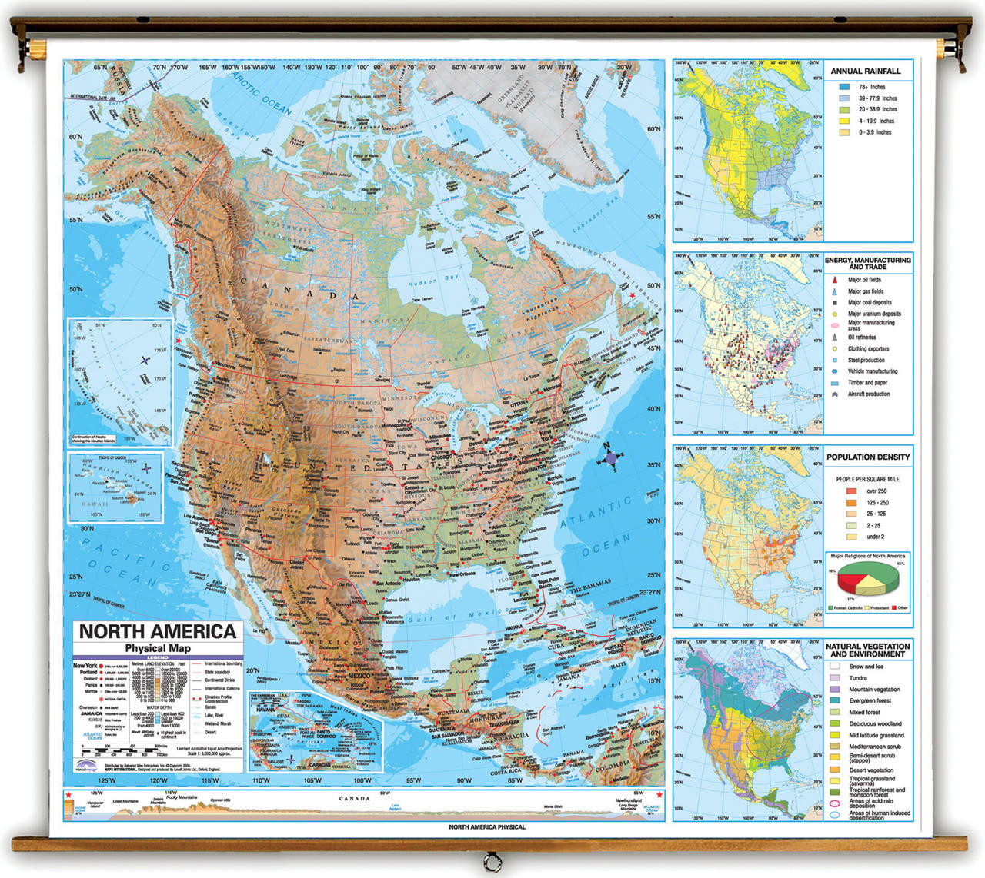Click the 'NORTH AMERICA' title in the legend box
158,632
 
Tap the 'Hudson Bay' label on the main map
440,278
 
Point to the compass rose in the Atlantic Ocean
610,458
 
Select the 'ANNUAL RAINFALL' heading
865,72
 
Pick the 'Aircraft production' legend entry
868,394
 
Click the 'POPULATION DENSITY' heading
867,457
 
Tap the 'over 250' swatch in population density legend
851,491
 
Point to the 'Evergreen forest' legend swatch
835,701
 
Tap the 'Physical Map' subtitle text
157,648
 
